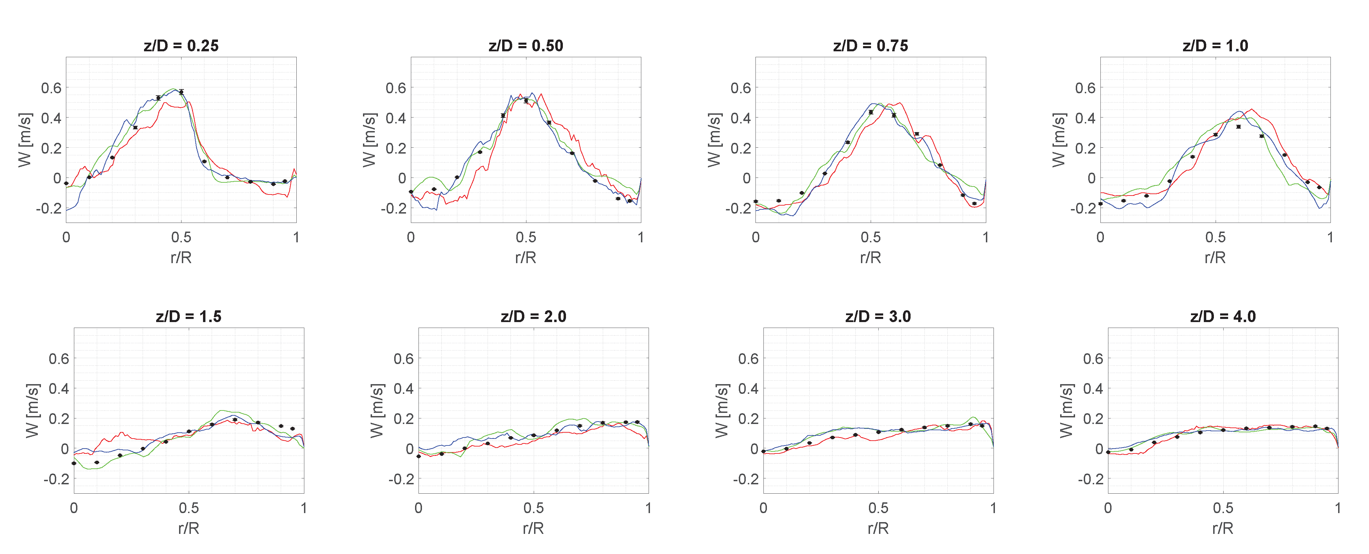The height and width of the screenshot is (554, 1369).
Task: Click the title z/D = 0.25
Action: tap(181, 46)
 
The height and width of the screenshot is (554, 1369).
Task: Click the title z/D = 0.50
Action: tap(526, 46)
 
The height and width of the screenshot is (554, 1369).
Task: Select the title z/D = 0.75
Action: tap(871, 46)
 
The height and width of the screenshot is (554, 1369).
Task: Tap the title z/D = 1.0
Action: tap(1215, 46)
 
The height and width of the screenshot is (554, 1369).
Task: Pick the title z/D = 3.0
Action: tap(878, 317)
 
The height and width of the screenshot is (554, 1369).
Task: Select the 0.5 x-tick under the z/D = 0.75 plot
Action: tap(871, 237)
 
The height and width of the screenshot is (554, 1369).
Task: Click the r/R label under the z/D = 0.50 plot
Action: tap(526, 258)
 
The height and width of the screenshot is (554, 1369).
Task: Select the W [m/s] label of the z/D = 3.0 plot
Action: tap(721, 410)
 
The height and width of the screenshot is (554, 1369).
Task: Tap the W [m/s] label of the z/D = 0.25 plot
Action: tap(24, 140)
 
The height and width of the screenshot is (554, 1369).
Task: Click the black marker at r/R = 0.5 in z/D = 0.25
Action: tap(181, 92)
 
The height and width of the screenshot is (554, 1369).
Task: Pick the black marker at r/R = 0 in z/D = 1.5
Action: tap(74, 463)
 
